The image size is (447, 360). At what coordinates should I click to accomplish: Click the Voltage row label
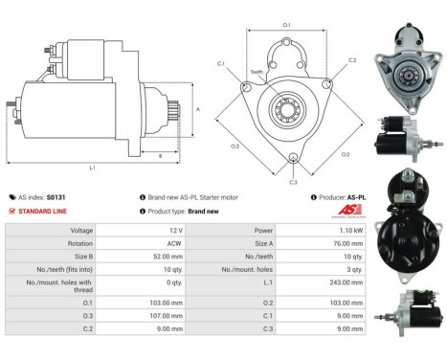tap(81, 231)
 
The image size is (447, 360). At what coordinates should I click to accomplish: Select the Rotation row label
tap(80, 244)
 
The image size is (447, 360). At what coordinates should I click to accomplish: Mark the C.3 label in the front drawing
tap(293, 181)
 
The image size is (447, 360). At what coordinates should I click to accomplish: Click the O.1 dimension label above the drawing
tap(286, 24)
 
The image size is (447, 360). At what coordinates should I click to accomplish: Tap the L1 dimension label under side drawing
tap(93, 168)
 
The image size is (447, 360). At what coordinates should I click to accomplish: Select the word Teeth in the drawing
tap(257, 72)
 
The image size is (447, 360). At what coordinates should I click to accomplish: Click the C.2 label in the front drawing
tap(351, 60)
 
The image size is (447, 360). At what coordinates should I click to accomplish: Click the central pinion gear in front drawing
tap(286, 106)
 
